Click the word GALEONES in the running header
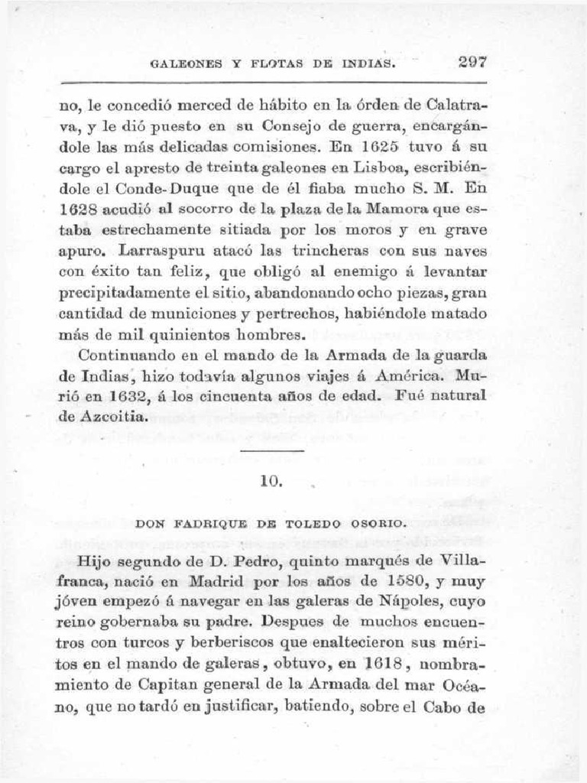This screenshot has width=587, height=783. (x=185, y=65)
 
